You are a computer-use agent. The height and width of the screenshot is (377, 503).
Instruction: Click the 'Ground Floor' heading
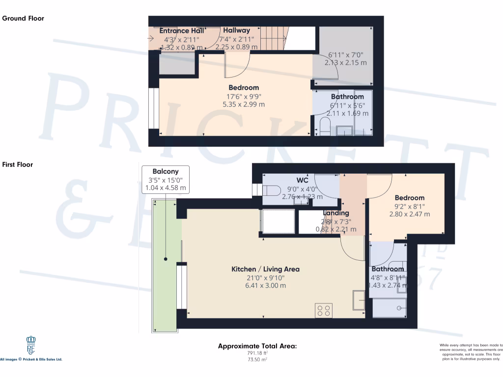[23, 19]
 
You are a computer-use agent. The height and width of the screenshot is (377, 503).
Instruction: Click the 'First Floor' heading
[18, 164]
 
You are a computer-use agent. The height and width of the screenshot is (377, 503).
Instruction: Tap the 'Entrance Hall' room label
[182, 30]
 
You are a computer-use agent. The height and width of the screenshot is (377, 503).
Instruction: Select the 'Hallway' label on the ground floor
[236, 30]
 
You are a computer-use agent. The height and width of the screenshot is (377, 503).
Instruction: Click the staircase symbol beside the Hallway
[273, 38]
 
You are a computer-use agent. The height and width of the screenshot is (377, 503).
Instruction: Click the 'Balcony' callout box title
[165, 171]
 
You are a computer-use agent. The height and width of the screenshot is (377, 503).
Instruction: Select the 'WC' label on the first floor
[302, 180]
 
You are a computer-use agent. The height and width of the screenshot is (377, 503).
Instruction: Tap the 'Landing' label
[336, 213]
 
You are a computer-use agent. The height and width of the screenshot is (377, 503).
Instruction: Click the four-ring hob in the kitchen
[324, 310]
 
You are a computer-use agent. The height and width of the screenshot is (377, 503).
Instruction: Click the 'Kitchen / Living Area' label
[265, 269]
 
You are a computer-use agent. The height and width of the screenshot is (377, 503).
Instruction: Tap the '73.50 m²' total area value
[257, 360]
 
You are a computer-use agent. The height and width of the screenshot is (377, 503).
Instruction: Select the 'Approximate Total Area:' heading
[257, 346]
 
